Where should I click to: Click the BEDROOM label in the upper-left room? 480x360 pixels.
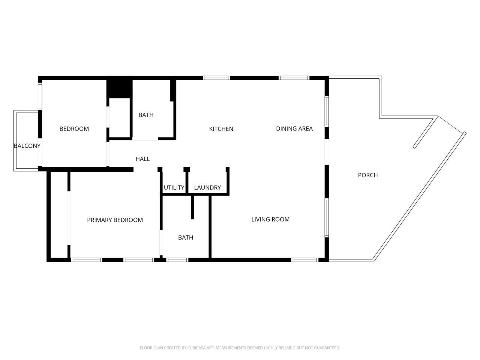(74, 129)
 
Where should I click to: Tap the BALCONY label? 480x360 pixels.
(27, 145)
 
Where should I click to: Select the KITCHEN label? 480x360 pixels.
(221, 129)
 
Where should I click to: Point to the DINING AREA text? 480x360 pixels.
(294, 129)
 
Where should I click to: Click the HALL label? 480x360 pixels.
(142, 159)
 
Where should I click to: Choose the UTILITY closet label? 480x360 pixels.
(174, 187)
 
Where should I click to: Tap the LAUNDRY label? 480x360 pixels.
(207, 187)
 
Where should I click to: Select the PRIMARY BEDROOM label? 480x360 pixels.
(115, 220)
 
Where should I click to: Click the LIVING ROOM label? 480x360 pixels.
(270, 219)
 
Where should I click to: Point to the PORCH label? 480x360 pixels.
(367, 175)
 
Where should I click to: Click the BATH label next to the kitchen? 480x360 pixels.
(146, 115)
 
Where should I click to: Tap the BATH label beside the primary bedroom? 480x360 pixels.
(186, 237)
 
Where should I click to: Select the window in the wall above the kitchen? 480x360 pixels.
(216, 78)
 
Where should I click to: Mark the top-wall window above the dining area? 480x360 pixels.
(294, 78)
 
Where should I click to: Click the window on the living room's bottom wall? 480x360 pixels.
(305, 259)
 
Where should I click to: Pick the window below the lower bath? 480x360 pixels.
(177, 259)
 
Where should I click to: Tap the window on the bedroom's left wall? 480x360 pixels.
(40, 96)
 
